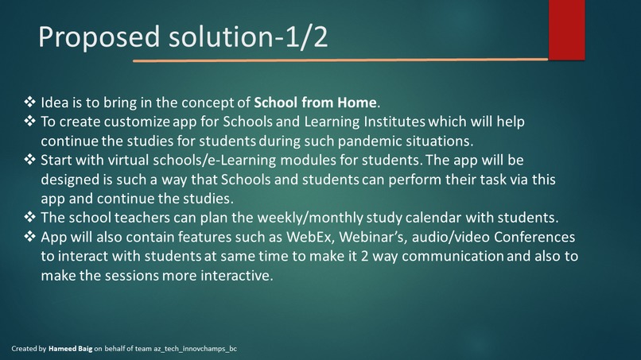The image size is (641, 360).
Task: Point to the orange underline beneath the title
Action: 340,60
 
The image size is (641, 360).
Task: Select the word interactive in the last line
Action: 235,276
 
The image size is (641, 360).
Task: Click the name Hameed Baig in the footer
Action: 71,349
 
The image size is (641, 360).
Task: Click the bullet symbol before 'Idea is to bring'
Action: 30,103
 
